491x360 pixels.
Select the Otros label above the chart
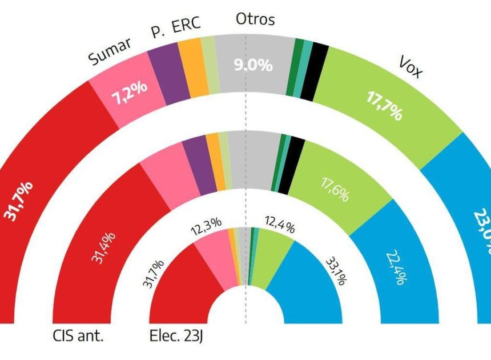pos(255,19)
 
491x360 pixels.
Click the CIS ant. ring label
pos(77,337)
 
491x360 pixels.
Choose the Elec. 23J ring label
pos(176,337)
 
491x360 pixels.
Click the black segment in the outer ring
pos(321,72)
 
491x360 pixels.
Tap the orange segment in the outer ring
pos(194,67)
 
